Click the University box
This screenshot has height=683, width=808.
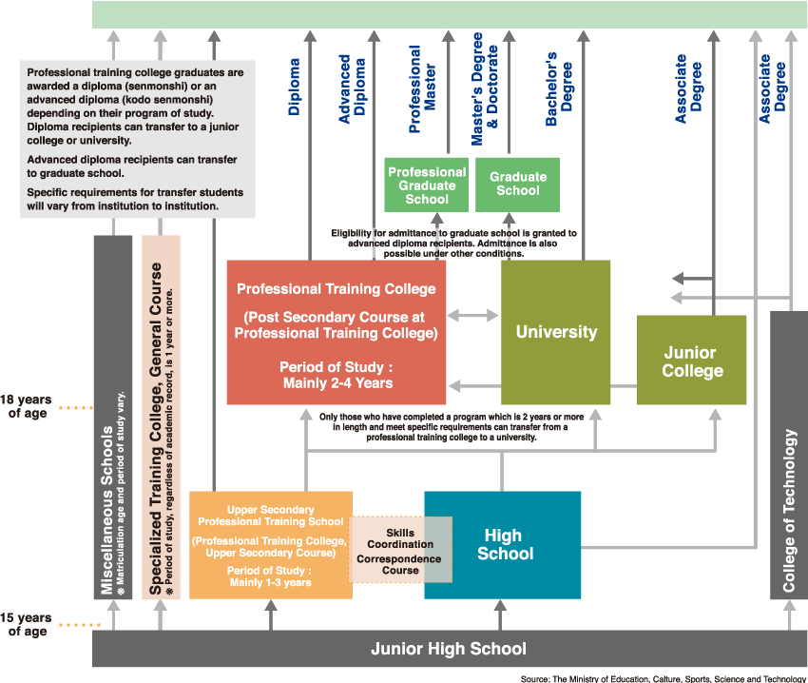pyautogui.click(x=556, y=331)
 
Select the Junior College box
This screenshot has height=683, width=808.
pyautogui.click(x=691, y=361)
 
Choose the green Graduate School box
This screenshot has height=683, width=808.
pyautogui.click(x=518, y=184)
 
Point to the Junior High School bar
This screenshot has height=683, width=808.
pyautogui.click(x=448, y=649)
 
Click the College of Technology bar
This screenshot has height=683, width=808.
pyautogui.click(x=789, y=455)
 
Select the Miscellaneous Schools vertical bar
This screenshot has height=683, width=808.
pyautogui.click(x=113, y=417)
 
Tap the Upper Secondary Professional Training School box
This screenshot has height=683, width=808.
pyautogui.click(x=270, y=545)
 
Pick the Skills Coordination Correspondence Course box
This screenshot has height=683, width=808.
pyautogui.click(x=400, y=551)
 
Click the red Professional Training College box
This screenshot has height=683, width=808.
pyautogui.click(x=336, y=331)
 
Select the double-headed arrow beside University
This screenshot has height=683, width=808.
pyautogui.click(x=473, y=315)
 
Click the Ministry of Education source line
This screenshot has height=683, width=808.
pyautogui.click(x=664, y=678)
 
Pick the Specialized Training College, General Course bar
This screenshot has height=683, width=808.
pyautogui.click(x=161, y=417)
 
